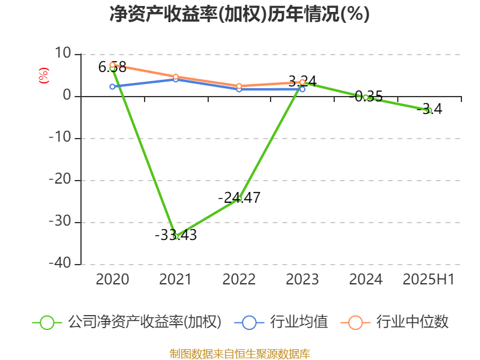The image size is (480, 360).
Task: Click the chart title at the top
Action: click(239, 14)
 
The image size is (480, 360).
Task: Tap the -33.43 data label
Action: click(176, 235)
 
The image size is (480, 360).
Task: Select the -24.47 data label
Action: click(239, 197)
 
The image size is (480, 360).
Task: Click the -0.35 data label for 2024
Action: click(365, 97)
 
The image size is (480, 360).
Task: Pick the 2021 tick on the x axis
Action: click(176, 279)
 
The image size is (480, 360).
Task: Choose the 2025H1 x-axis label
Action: click(428, 279)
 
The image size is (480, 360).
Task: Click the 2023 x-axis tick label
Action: click(302, 279)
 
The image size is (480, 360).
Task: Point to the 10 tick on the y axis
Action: click(64, 54)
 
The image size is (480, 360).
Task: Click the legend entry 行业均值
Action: click(299, 322)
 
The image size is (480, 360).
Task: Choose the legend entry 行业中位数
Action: click(412, 322)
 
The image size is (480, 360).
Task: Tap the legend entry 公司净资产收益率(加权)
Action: click(144, 322)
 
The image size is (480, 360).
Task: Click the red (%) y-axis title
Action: click(43, 75)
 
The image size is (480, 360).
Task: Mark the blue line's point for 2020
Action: click(112, 87)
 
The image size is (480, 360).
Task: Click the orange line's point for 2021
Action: click(176, 76)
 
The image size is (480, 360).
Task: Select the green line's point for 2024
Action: click(365, 97)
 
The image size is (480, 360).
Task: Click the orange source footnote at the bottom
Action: click(239, 353)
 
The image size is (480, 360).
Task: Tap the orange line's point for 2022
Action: click(239, 86)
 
